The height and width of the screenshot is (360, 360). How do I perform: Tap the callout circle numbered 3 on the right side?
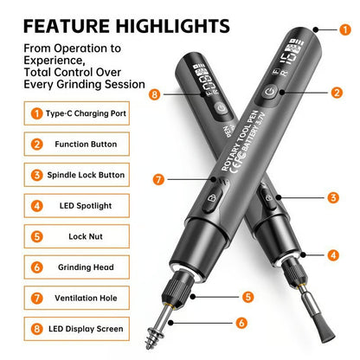[332, 198]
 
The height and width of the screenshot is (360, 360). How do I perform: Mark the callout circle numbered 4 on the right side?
[332, 255]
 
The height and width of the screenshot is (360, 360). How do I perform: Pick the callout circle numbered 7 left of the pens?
[158, 179]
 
